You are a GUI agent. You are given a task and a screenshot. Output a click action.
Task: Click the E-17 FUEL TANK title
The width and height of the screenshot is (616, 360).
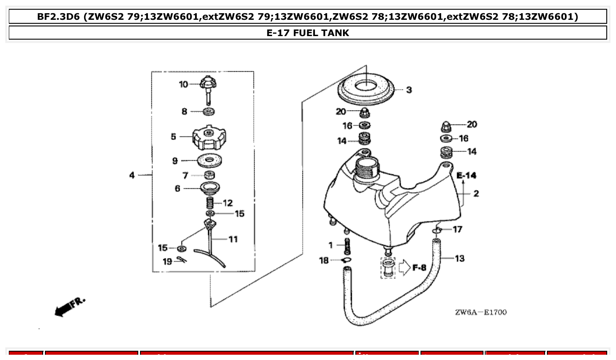(x=308, y=33)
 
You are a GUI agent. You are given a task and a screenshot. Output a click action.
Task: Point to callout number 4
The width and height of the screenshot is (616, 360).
(x=132, y=176)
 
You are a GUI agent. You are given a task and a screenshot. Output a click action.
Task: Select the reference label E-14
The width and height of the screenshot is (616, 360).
(x=466, y=176)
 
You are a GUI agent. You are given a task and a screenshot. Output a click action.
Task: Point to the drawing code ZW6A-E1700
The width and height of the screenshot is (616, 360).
(x=480, y=312)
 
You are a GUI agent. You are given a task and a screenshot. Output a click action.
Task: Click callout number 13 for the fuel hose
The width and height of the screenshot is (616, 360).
(x=459, y=258)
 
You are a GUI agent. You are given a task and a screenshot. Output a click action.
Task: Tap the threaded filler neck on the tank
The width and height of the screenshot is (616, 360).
(x=365, y=169)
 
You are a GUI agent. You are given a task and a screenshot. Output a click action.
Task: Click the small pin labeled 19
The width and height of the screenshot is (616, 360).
(x=181, y=260)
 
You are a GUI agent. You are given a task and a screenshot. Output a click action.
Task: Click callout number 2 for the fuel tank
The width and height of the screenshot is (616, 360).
(x=476, y=194)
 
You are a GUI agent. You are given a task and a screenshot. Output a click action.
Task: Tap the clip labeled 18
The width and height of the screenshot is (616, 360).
(x=347, y=261)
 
